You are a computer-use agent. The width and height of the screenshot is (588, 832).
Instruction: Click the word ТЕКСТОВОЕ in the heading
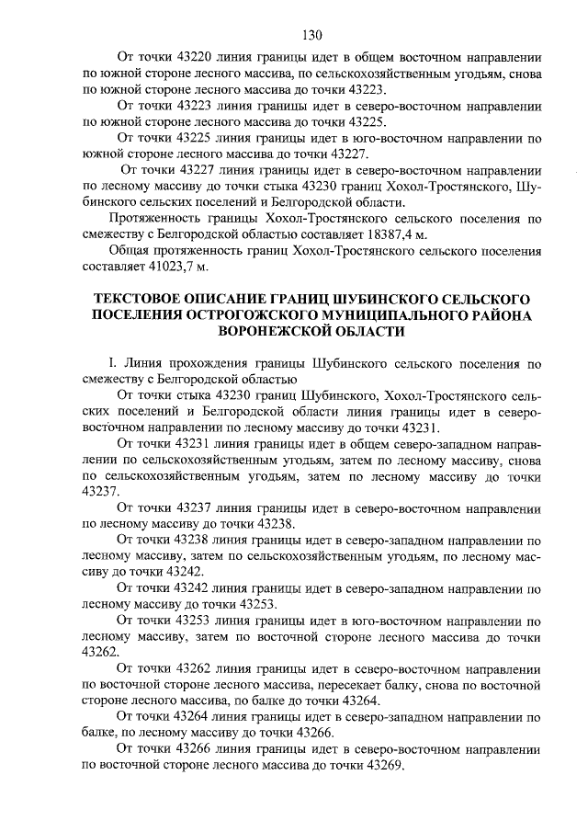(x=145, y=301)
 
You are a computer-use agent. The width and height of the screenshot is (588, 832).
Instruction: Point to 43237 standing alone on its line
(x=100, y=492)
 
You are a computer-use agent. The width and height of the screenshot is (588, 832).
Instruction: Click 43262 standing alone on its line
(x=100, y=651)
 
